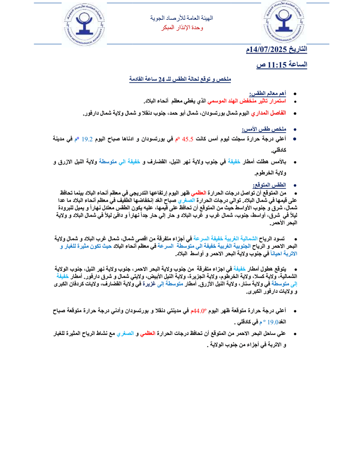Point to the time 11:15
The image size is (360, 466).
pos(278,64)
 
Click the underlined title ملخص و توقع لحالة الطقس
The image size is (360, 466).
pos(180,79)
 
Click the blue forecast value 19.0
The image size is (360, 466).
pos(273,335)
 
